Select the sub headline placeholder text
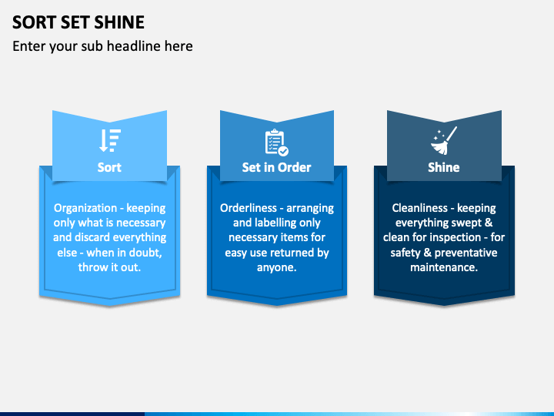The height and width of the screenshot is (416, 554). click(x=102, y=46)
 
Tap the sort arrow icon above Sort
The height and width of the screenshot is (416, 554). click(x=109, y=140)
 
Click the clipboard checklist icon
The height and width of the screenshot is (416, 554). click(x=276, y=143)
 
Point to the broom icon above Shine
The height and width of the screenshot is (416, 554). click(x=444, y=141)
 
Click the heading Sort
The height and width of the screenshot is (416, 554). click(x=109, y=167)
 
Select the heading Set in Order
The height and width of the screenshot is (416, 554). click(x=276, y=167)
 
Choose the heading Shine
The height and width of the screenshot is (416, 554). click(x=444, y=167)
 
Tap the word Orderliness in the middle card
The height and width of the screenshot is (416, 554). click(x=251, y=208)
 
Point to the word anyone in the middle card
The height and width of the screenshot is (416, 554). click(x=276, y=267)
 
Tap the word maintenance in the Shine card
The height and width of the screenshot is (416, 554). click(x=443, y=267)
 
